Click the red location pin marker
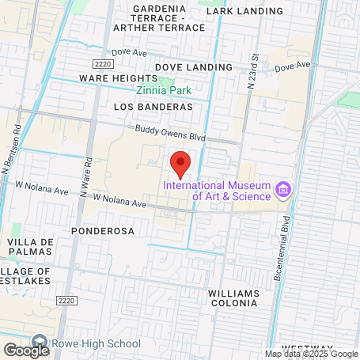(180, 162)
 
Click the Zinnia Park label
(164, 90)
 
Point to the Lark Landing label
(244, 11)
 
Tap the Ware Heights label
(119, 78)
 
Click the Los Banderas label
(153, 106)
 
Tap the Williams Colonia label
(233, 297)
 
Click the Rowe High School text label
(96, 344)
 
